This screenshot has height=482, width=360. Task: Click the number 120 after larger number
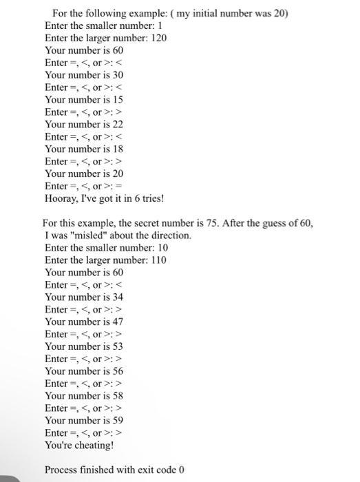158,38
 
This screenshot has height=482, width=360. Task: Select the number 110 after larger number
156,260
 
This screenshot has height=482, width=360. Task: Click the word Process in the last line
61,470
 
